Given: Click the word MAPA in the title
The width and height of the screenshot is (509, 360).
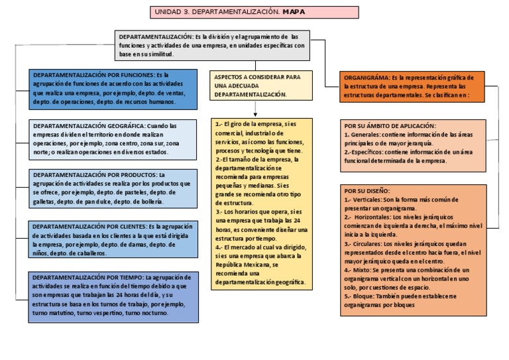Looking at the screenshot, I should [293, 12].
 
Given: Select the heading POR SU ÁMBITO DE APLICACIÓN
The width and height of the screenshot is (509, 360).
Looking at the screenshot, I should [390, 125].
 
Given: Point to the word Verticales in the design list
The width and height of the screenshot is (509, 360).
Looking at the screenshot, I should [368, 199].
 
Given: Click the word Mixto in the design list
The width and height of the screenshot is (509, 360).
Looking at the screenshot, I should [365, 270].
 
